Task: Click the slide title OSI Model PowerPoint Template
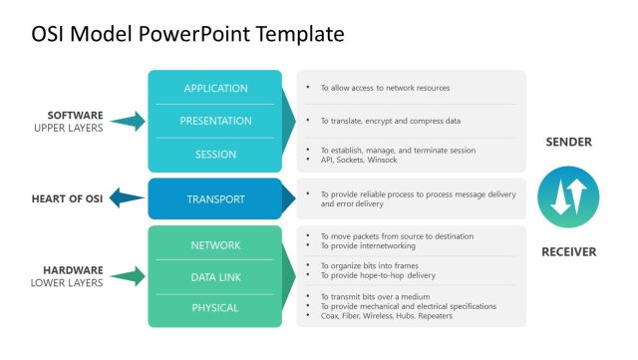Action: coord(187,34)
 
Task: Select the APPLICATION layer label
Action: coord(215,89)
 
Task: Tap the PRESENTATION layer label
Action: coord(215,121)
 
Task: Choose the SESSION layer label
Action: coord(215,155)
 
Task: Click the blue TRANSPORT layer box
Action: coord(215,199)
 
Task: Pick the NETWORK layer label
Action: coord(215,244)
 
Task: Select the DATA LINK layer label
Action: coord(215,276)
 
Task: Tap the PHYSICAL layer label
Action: coord(215,308)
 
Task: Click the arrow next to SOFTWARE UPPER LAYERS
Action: coord(127,122)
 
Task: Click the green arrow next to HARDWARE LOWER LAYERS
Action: coord(127,276)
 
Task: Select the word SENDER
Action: coord(568,143)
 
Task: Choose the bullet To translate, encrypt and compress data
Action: coord(390,121)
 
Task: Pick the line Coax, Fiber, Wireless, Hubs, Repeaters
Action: coord(386,315)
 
